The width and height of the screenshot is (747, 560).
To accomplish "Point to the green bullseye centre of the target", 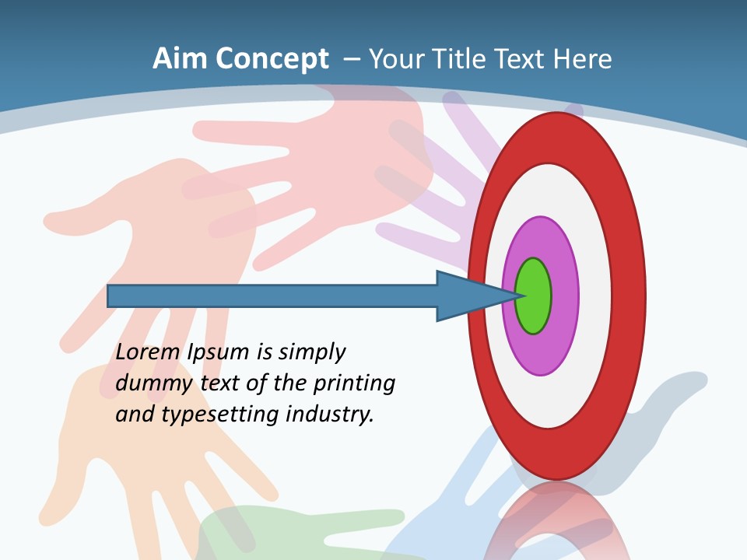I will (x=534, y=296).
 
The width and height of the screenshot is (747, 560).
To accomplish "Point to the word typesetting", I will (x=221, y=415).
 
